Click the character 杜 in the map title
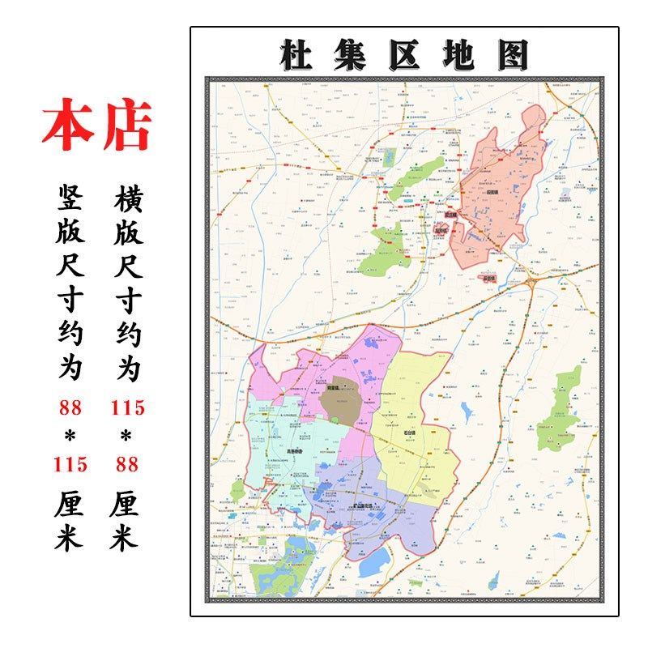click(294, 55)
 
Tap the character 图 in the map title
click(513, 55)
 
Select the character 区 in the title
click(403, 55)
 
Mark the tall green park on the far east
click(562, 409)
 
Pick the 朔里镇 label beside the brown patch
click(332, 388)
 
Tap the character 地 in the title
click(458, 55)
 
